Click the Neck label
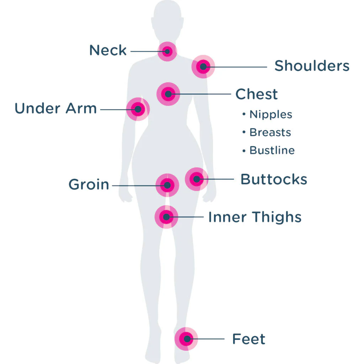tap(108, 50)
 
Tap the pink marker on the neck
tap(167, 51)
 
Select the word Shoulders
tap(312, 66)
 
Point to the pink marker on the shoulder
tap(203, 66)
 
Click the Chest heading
tap(257, 94)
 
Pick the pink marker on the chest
tap(168, 94)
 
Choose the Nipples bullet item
tap(267, 114)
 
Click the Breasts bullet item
tap(267, 132)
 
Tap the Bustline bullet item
tap(268, 150)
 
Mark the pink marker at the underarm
tap(138, 109)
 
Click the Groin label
tap(89, 184)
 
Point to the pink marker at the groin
tap(167, 185)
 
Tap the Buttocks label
tap(274, 179)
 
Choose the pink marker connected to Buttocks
tap(197, 179)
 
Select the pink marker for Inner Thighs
tap(166, 217)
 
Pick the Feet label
tap(248, 339)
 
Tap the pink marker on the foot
tap(186, 339)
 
